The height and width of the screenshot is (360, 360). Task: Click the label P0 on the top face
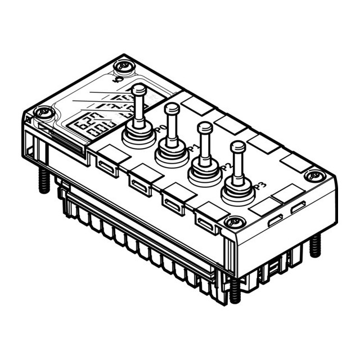coord(159,129)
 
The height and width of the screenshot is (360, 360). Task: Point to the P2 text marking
coord(226,167)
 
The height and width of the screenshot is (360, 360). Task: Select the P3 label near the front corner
coord(259,186)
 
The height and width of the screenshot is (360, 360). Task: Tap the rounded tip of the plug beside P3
coord(238,147)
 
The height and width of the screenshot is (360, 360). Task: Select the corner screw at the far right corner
coord(314,175)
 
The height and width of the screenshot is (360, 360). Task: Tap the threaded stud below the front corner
coord(235,290)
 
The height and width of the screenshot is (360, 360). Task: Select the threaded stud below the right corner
coord(315,245)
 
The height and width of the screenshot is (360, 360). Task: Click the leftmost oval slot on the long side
coord(106,166)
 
